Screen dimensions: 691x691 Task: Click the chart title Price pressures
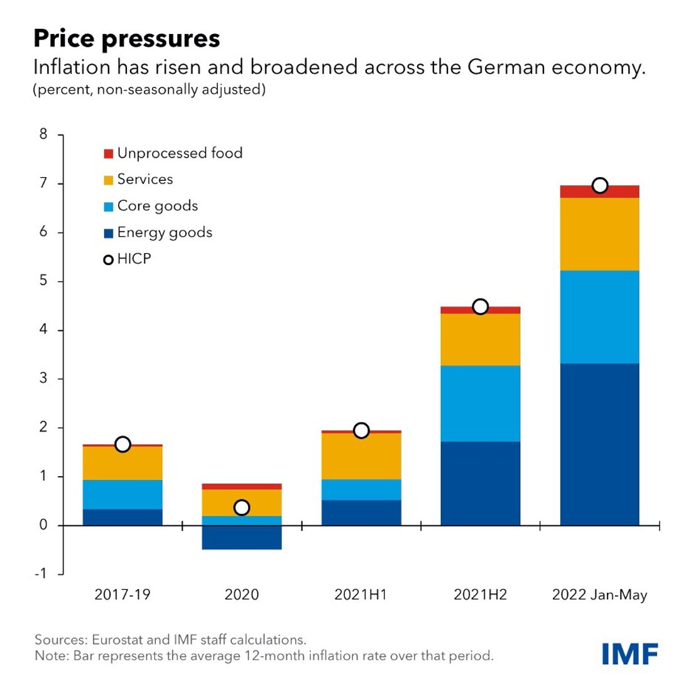[126, 38]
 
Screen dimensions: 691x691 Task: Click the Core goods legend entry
[157, 206]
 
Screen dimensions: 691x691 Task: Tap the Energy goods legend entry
[164, 232]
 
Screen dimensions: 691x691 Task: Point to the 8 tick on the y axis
[43, 134]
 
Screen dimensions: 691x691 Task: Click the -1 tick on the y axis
[41, 574]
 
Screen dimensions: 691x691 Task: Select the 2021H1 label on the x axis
[361, 594]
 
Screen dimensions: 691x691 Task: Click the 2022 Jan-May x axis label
[599, 594]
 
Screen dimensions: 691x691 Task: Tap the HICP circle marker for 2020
[241, 507]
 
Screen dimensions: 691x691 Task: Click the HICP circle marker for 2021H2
[480, 307]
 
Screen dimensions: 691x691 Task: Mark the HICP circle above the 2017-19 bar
[122, 444]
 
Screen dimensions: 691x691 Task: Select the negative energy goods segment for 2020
[241, 538]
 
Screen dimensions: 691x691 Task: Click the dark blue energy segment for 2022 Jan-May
[599, 444]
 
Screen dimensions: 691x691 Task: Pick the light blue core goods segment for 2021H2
[480, 403]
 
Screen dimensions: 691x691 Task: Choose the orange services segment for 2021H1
[361, 456]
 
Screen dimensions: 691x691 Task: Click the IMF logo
[629, 653]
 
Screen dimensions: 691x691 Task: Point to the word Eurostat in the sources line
[117, 639]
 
